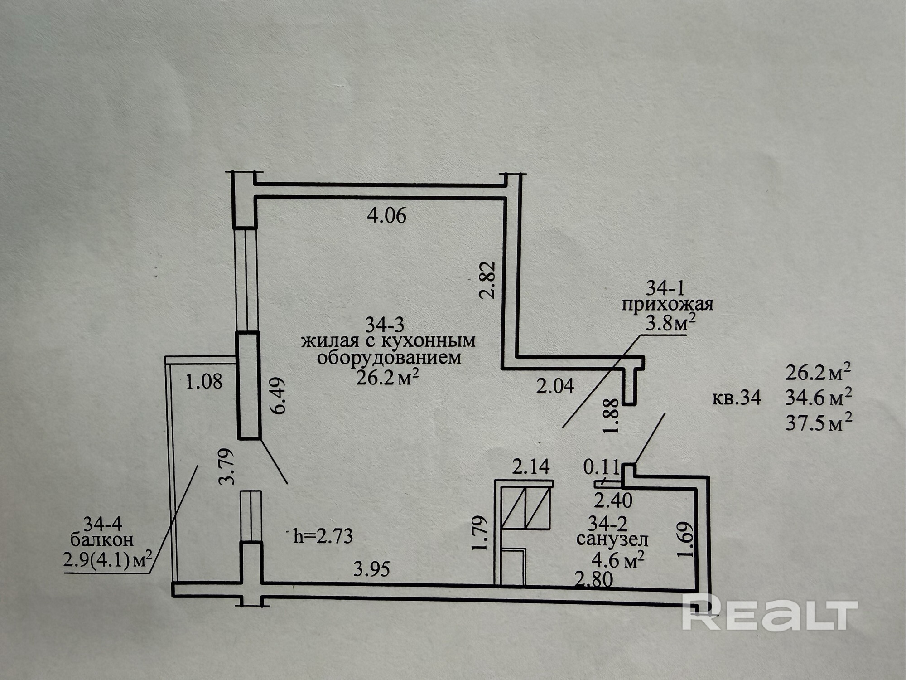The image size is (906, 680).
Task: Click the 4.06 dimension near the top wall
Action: (x=386, y=216)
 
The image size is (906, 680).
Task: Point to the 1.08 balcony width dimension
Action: (x=204, y=382)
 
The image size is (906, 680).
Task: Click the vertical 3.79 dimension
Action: (x=226, y=466)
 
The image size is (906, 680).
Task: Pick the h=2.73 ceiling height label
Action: (x=323, y=537)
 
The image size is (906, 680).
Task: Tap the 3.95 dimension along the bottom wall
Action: (x=371, y=569)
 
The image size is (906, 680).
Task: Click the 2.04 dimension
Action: (x=555, y=386)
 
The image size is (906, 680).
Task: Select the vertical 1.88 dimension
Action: (x=611, y=416)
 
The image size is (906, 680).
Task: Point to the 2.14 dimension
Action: (x=530, y=466)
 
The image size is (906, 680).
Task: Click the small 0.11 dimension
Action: (x=601, y=467)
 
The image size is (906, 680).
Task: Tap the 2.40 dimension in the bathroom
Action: (x=613, y=501)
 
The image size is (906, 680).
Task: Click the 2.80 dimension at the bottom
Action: (x=594, y=580)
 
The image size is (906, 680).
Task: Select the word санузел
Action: (x=612, y=540)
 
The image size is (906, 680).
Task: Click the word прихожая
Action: (x=667, y=304)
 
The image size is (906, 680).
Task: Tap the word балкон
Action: (x=102, y=540)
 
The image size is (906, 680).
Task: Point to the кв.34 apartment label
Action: (x=737, y=398)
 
